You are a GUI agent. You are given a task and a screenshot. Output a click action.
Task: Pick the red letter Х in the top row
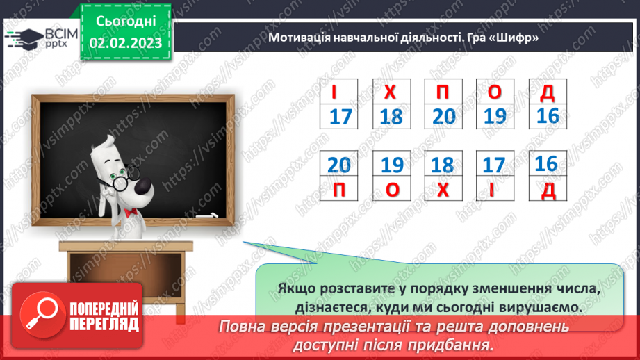point(392,92)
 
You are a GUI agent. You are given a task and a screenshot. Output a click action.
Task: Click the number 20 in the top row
point(444,116)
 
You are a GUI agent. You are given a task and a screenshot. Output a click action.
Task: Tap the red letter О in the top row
point(495,92)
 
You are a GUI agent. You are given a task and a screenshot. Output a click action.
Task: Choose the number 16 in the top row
point(548,115)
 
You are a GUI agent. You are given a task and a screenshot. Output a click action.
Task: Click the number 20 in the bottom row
point(339,165)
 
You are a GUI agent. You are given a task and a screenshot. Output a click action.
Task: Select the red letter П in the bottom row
point(339,188)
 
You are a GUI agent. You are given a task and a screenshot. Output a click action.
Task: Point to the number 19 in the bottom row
point(392,165)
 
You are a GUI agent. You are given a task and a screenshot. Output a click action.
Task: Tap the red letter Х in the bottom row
point(443,188)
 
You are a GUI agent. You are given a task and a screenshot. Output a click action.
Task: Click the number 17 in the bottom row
point(494,165)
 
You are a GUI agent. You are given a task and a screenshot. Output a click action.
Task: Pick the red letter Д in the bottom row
point(548,188)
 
